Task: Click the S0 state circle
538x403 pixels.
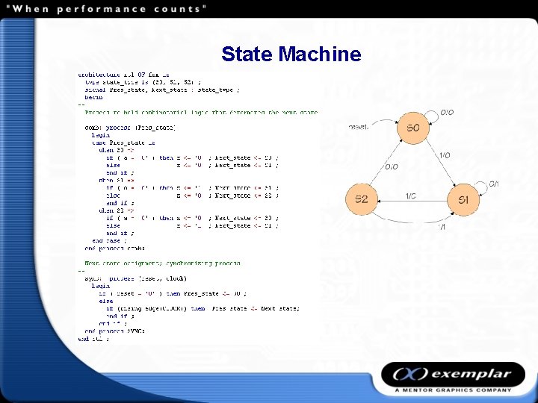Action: (413, 128)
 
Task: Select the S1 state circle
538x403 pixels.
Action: (463, 200)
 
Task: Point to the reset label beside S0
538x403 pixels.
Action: (358, 127)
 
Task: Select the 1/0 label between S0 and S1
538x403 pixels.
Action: (445, 155)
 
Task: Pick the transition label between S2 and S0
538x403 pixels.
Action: (392, 166)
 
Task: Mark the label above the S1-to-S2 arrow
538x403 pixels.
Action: (411, 196)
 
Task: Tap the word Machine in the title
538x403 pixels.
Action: (319, 54)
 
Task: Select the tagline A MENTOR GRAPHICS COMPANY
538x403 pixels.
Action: (454, 390)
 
